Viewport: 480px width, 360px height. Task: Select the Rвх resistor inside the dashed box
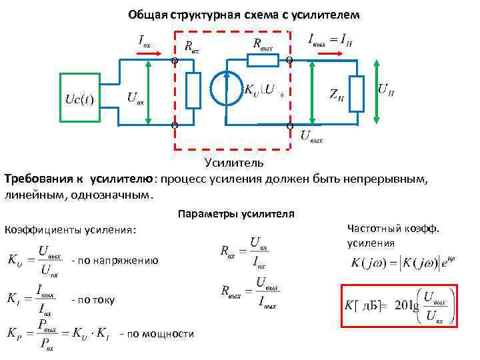[x=193, y=91]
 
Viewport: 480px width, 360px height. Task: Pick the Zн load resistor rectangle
[x=357, y=93]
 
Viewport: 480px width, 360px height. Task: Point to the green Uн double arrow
[x=377, y=91]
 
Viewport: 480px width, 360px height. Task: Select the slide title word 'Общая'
[x=147, y=15]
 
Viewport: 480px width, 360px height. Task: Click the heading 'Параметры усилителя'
[x=236, y=214]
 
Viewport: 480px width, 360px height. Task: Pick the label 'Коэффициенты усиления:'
[x=70, y=230]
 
